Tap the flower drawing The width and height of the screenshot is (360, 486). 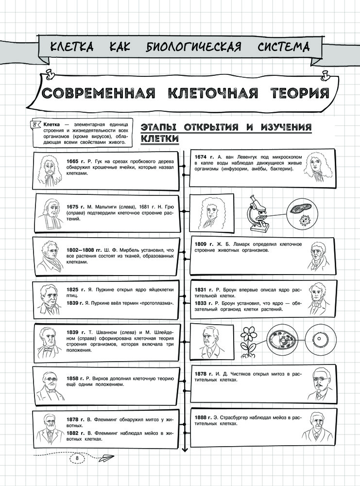click(x=248, y=340)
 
